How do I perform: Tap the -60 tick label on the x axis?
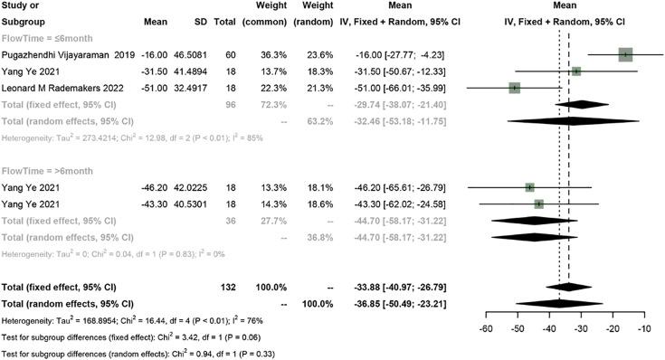(485, 329)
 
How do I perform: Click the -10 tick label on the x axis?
(644, 329)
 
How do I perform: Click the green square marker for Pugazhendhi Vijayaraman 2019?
(625, 55)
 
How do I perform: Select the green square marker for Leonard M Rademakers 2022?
(515, 88)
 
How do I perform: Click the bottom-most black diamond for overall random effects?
(560, 302)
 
